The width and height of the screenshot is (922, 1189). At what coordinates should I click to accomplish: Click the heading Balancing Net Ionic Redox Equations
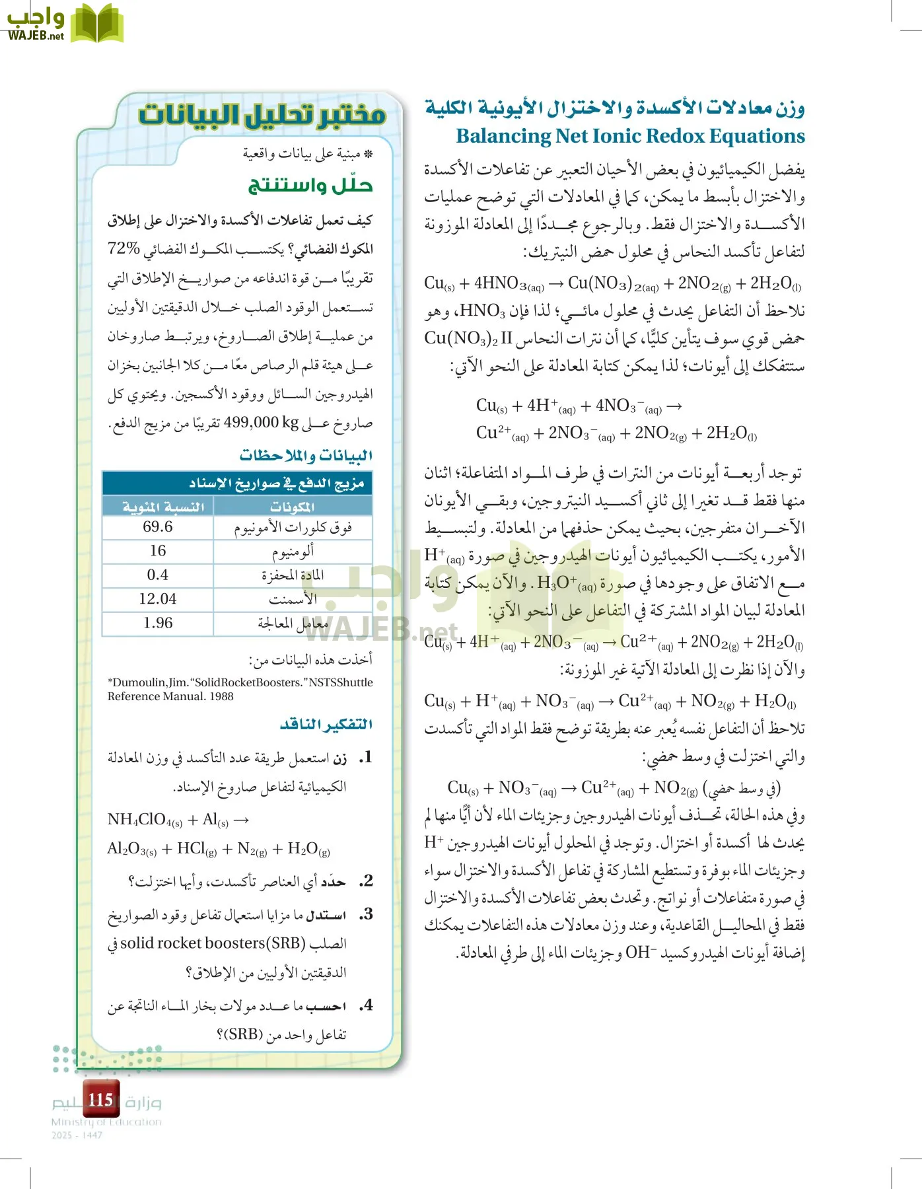[x=630, y=136]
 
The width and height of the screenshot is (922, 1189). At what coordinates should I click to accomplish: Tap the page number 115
[x=100, y=1100]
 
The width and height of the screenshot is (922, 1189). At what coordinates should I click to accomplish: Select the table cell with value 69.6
[x=158, y=527]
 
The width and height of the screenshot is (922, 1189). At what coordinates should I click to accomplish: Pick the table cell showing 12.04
[x=158, y=599]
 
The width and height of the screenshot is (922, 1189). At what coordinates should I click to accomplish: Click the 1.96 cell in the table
[x=158, y=624]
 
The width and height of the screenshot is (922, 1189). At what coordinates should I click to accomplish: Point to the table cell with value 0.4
[x=158, y=575]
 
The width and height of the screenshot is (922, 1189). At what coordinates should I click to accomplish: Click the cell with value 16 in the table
[x=158, y=551]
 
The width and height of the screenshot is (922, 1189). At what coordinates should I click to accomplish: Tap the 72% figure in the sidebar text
[x=124, y=249]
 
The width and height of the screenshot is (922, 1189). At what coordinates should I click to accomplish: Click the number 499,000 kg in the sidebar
[x=262, y=423]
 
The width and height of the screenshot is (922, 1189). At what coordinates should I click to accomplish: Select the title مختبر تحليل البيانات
[x=262, y=116]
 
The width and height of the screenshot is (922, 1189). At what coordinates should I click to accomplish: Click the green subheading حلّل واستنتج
[x=310, y=186]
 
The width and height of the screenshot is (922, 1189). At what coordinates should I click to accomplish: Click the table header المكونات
[x=293, y=507]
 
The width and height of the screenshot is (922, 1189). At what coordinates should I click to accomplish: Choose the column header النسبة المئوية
[x=163, y=507]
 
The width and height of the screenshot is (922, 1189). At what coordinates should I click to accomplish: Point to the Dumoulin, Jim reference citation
[x=240, y=689]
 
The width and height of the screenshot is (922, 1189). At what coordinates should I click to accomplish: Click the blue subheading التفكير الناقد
[x=326, y=725]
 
